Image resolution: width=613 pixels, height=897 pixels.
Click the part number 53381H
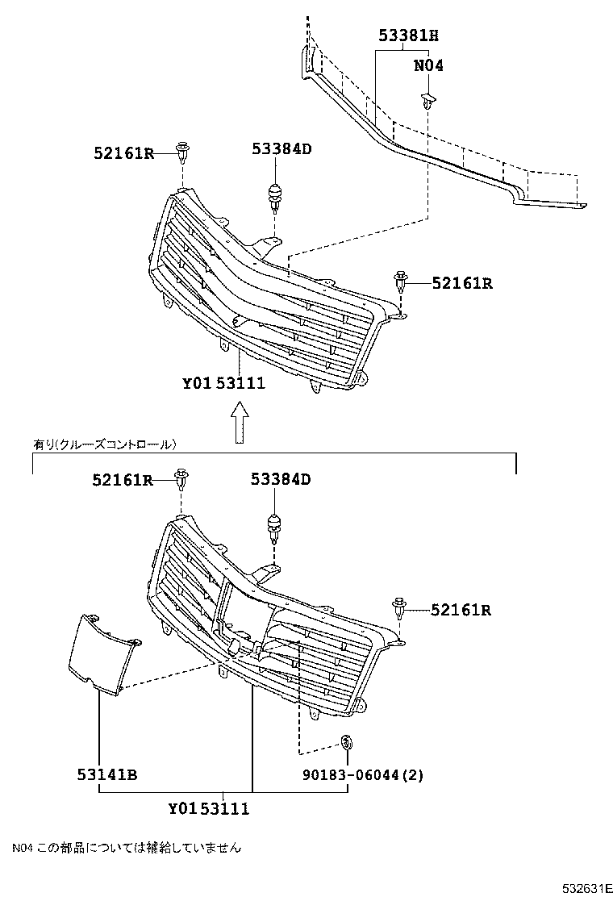(409, 35)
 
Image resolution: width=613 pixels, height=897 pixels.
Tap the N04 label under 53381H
(428, 66)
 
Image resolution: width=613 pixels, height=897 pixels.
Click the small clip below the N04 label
(428, 102)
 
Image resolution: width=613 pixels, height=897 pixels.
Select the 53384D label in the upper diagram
(280, 149)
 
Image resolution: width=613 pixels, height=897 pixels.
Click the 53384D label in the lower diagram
(280, 480)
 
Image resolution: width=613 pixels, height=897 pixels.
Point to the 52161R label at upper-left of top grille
(122, 152)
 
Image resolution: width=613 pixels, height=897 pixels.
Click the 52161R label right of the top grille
(461, 283)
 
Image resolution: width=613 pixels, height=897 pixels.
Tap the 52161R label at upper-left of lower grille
(122, 480)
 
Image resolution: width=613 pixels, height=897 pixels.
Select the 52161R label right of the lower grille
(461, 610)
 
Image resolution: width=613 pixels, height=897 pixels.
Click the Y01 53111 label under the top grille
(223, 384)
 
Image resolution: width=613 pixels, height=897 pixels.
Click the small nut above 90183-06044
(347, 741)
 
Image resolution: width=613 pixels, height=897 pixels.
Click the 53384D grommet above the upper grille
(276, 196)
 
